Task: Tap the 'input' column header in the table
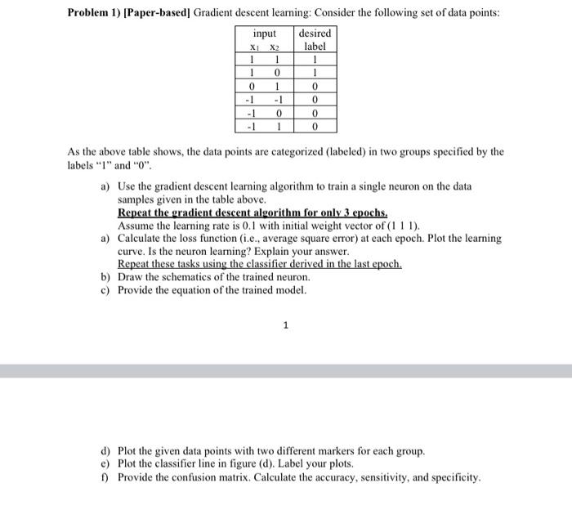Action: coord(264,34)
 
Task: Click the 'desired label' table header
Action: coord(315,40)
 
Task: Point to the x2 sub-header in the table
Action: coord(277,47)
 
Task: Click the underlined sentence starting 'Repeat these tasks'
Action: coord(260,264)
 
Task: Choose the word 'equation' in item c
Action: coord(196,290)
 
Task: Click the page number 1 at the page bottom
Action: coord(285,325)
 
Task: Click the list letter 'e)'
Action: coord(106,463)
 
